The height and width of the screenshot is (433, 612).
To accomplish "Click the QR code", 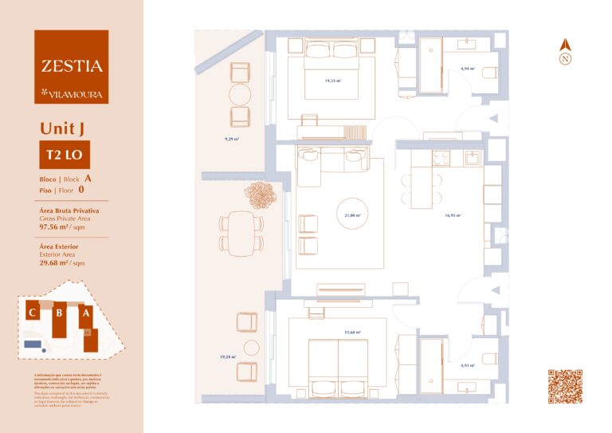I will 564,386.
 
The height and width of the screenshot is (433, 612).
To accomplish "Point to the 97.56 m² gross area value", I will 56,226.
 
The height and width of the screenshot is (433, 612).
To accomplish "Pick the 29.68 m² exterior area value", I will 56,262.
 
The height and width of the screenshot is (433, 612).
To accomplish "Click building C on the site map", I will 33,313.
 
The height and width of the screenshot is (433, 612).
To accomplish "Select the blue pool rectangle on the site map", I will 33,344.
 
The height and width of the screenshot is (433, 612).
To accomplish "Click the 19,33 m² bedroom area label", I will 331,81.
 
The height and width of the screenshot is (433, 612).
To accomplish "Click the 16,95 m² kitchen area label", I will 453,215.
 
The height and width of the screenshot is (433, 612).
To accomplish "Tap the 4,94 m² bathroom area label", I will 467,69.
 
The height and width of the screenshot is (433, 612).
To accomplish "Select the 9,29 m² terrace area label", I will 232,139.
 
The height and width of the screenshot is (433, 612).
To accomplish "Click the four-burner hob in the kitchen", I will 441,158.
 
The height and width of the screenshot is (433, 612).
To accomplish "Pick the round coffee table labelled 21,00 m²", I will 352,215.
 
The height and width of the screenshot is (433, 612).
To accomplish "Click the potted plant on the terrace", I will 259,193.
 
